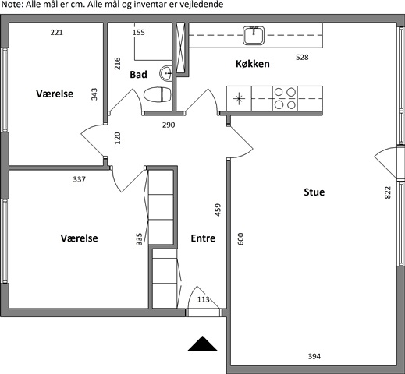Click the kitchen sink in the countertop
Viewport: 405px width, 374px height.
[x=254, y=35]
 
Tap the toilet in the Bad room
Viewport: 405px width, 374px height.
[x=158, y=94]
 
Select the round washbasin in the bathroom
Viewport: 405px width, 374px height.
[x=165, y=73]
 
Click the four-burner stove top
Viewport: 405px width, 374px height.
[x=285, y=98]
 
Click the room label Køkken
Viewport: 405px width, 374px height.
[x=253, y=64]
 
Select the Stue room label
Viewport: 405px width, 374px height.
[x=314, y=192]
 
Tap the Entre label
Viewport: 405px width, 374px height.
[x=203, y=238]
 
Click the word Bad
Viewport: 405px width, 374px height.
[x=138, y=75]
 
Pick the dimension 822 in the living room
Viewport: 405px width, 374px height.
[x=388, y=192]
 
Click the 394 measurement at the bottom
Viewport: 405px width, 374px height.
[x=314, y=356]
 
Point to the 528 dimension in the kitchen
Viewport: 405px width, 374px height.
[x=302, y=57]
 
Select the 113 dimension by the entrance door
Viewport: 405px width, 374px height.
[x=203, y=299]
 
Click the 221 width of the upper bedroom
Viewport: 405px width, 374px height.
[x=56, y=33]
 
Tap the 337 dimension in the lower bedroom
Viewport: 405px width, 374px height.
[x=79, y=179]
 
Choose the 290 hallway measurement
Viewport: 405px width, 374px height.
[x=169, y=125]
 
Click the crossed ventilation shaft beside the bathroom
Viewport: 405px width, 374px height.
[x=180, y=48]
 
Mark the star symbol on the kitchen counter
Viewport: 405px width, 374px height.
[x=239, y=99]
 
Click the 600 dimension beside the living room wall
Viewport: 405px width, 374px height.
[x=241, y=239]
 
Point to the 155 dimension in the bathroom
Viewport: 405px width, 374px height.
[x=138, y=33]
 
